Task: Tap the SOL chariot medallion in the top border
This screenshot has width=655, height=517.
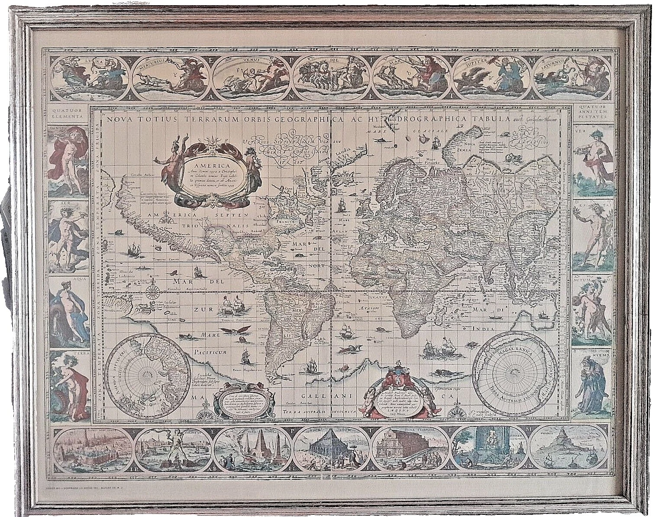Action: pos(335,74)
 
